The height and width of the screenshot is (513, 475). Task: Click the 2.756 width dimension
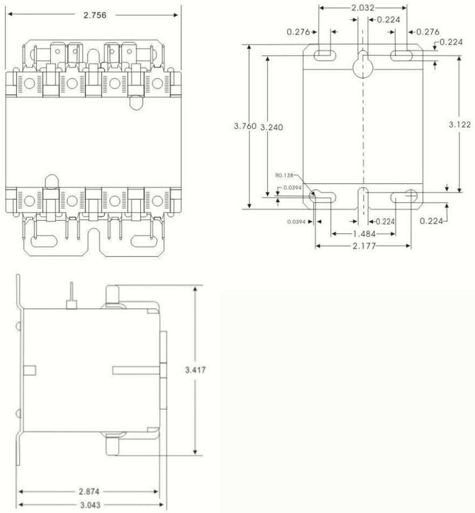coord(95,15)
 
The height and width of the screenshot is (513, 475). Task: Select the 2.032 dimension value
coord(363,8)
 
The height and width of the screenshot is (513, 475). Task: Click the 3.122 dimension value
coord(460,125)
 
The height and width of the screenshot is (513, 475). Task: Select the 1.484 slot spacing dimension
coord(363,234)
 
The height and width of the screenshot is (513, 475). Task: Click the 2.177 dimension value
coord(363,246)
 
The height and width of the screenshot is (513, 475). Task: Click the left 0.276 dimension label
coord(299,32)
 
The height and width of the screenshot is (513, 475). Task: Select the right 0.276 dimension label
coord(428,32)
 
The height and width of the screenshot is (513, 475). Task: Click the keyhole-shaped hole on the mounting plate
coord(363,65)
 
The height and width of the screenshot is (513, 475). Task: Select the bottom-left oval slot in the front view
coord(46,242)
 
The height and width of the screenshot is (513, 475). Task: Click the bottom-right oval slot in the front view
coord(146,242)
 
